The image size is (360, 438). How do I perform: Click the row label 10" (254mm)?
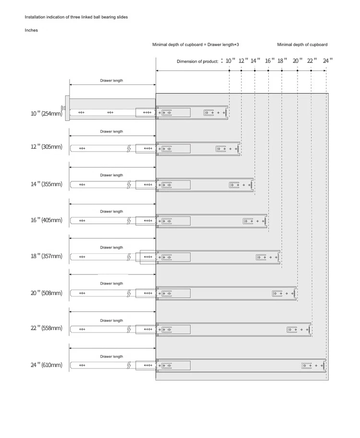[47, 113]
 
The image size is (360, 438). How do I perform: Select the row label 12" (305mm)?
[47, 147]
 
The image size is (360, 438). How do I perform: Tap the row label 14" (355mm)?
[47, 184]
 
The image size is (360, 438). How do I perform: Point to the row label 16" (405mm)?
[47, 220]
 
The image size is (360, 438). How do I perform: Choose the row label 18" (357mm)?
[47, 256]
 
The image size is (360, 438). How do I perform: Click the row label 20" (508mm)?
[47, 293]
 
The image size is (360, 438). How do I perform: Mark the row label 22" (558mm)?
[47, 328]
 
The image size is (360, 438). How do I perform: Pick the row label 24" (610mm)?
[47, 365]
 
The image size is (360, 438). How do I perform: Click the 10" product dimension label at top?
[230, 61]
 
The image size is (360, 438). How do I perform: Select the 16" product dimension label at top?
[270, 61]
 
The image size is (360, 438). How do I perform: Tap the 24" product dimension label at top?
[327, 61]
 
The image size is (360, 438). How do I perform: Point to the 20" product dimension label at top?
[298, 61]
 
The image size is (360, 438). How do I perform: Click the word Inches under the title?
[31, 30]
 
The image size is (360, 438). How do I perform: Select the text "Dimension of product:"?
[197, 61]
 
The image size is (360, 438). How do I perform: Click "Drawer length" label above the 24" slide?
[111, 356]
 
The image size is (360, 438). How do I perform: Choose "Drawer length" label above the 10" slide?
[111, 81]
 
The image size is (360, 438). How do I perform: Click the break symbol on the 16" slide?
[129, 221]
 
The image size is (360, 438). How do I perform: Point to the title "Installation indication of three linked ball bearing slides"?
[76, 17]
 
